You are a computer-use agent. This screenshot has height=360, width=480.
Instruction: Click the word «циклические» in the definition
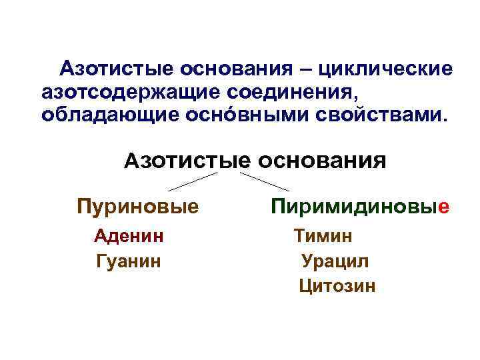(385, 69)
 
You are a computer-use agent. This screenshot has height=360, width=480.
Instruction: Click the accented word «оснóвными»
(243, 114)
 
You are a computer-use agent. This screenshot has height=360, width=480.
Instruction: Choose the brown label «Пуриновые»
(137, 206)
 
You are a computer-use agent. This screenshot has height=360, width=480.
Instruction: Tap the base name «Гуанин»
(129, 260)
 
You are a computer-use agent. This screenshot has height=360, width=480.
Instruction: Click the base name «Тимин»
(323, 235)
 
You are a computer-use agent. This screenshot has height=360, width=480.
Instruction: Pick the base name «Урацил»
(335, 261)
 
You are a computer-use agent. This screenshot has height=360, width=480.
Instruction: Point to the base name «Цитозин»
(337, 286)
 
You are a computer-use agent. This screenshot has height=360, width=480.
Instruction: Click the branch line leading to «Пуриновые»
(193, 181)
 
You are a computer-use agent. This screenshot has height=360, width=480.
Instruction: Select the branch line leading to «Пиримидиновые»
(265, 181)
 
